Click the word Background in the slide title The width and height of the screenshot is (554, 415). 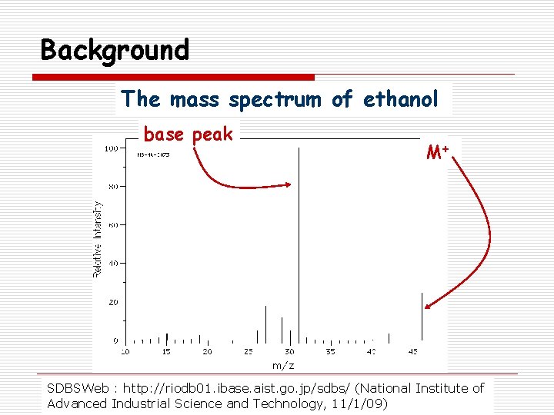tap(115, 51)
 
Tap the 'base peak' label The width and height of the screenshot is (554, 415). tap(188, 134)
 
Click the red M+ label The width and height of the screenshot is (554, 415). tap(438, 152)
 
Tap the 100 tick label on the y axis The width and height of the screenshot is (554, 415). tap(111, 148)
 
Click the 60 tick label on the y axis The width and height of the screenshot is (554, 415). tap(112, 225)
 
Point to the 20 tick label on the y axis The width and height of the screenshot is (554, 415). tap(112, 302)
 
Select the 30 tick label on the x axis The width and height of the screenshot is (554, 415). tap(289, 352)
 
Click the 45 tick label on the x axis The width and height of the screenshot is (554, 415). tap(412, 352)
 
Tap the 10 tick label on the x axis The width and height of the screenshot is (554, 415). tap(125, 352)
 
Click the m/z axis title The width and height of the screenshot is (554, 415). tap(282, 365)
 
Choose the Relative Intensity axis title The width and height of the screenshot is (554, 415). tap(98, 239)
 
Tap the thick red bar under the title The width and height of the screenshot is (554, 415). tap(173, 77)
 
